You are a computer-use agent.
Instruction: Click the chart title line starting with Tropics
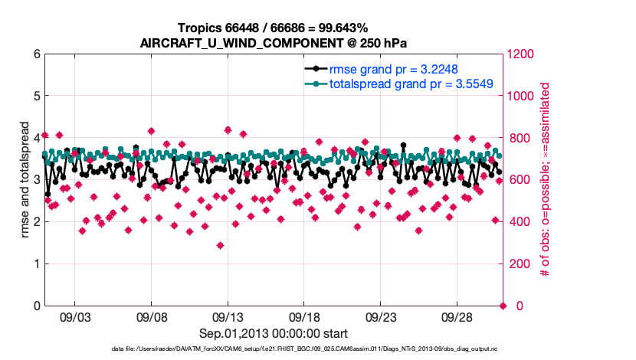pos(273,28)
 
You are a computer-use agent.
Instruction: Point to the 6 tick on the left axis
pos(36,54)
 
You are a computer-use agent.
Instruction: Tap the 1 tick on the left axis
pos(36,264)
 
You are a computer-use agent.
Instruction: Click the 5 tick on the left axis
pos(36,97)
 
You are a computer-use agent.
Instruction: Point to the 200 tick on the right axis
pos(520,264)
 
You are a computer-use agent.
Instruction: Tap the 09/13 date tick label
pos(228,318)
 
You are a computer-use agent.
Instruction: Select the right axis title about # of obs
pos(546,180)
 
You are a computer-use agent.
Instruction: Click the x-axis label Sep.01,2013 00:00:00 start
pos(273,333)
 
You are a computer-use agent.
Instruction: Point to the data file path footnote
pos(273,350)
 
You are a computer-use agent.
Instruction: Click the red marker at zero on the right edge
pos(503,306)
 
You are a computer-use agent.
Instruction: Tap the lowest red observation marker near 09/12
pos(220,246)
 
